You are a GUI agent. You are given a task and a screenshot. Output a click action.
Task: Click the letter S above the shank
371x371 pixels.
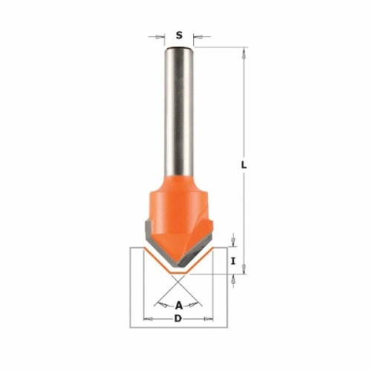tap(179, 36)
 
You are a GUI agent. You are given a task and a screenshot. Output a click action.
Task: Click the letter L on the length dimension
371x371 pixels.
tap(244, 165)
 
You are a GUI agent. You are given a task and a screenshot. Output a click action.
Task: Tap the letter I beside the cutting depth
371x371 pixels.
tap(233, 261)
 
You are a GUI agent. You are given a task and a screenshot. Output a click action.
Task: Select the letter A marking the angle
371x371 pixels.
tap(179, 306)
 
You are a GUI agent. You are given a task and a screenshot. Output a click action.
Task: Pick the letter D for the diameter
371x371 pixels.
tap(178, 319)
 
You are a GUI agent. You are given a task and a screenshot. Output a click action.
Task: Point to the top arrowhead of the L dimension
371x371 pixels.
tap(244, 54)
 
